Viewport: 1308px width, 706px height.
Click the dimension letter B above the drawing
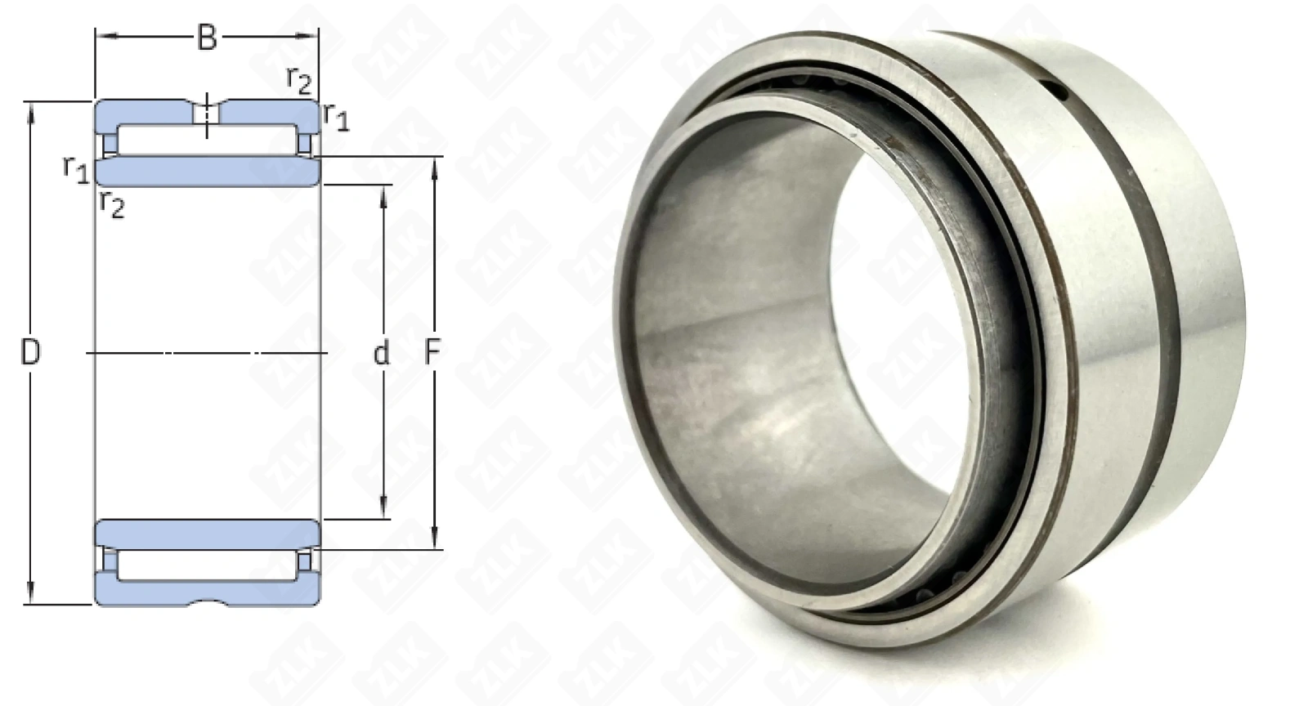pos(208,38)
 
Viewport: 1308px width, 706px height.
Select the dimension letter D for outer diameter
pos(31,352)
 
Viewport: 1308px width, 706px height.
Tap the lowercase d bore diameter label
pos(381,353)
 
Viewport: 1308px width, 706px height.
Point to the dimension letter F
pos(432,352)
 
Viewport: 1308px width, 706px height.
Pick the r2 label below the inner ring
pos(112,203)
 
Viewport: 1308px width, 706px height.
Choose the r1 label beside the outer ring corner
pos(336,117)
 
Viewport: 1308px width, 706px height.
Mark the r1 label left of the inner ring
pos(76,169)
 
